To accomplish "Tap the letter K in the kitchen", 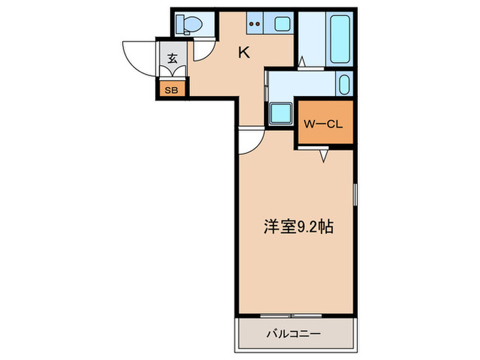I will coord(243,51).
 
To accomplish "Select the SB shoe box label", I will coord(171,89).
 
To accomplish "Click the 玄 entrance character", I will coord(171,58).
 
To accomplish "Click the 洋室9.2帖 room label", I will coord(299,227).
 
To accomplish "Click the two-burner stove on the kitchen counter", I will coord(255,25).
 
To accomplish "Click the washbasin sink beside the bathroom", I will coord(344,86).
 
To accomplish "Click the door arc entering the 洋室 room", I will coord(250,141).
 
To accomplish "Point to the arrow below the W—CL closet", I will coord(325,157).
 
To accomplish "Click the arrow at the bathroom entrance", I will coord(300,61).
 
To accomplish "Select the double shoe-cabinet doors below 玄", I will coord(171,73).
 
